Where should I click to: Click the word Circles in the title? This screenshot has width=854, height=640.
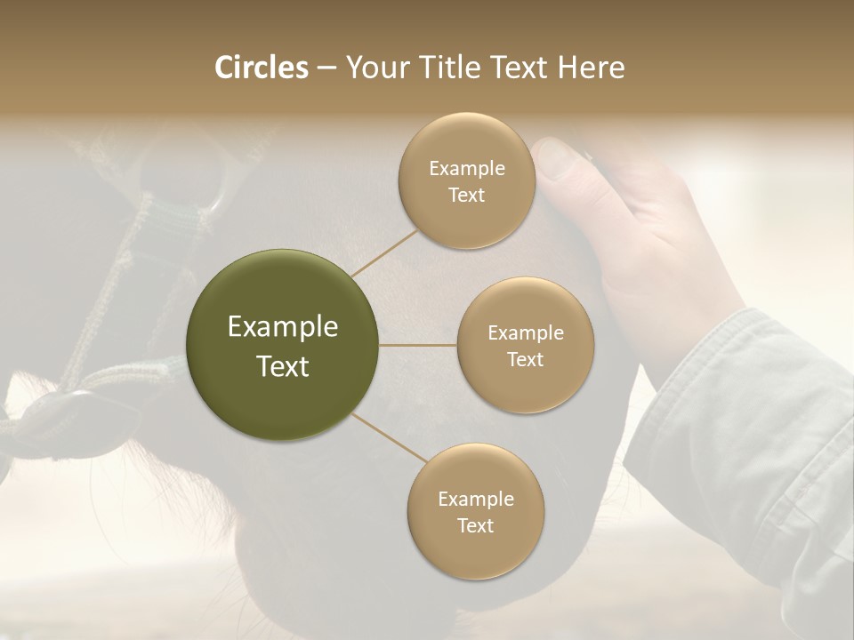pyautogui.click(x=262, y=68)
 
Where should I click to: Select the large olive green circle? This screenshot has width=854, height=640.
pyautogui.click(x=283, y=345)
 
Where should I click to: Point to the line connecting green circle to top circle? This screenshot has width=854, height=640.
pyautogui.click(x=384, y=251)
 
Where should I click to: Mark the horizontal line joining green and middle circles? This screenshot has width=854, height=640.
pyautogui.click(x=418, y=345)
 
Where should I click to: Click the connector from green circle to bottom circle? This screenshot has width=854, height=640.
pyautogui.click(x=388, y=438)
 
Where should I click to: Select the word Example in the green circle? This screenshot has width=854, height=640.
pyautogui.click(x=283, y=327)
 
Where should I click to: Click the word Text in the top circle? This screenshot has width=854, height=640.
pyautogui.click(x=467, y=196)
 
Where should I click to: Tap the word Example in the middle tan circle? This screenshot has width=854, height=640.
pyautogui.click(x=526, y=333)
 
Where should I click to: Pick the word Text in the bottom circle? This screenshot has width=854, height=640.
pyautogui.click(x=475, y=525)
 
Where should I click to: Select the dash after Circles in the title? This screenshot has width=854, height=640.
pyautogui.click(x=326, y=68)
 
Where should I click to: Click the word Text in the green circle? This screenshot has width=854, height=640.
pyautogui.click(x=283, y=366)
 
